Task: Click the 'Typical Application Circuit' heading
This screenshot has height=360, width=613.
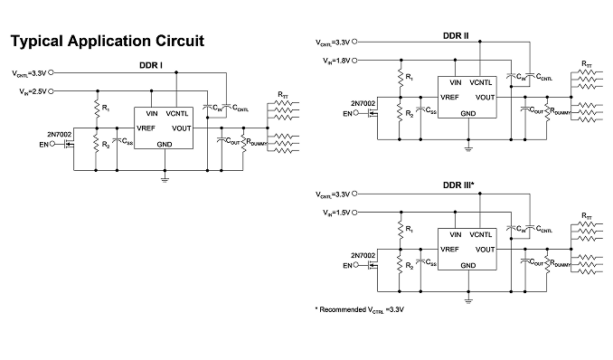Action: (x=107, y=42)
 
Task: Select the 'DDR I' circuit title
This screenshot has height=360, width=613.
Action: (x=151, y=65)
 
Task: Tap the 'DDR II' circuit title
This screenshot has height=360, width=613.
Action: (x=456, y=35)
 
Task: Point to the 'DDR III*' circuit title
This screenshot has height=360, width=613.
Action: (x=458, y=185)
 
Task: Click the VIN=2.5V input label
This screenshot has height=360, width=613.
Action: (x=33, y=91)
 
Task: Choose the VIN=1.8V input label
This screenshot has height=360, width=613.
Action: (x=336, y=61)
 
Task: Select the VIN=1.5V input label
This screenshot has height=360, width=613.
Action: (x=336, y=213)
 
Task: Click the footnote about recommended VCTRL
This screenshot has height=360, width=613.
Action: (x=359, y=310)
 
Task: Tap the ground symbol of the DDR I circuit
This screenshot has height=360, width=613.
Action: (x=165, y=180)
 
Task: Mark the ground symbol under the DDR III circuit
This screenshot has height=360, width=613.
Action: (x=468, y=300)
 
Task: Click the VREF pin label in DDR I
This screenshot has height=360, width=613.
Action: (x=146, y=128)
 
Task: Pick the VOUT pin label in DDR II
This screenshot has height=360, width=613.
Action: (x=486, y=98)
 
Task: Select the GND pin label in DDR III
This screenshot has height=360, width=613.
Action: (x=468, y=266)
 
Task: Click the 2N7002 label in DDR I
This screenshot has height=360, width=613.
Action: (x=60, y=135)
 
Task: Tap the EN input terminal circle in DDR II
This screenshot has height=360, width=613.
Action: (x=355, y=113)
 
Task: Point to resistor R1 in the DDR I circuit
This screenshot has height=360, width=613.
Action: (x=97, y=109)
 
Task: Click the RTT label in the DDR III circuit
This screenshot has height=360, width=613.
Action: (x=587, y=215)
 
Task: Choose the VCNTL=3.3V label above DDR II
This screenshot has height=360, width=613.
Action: (x=333, y=43)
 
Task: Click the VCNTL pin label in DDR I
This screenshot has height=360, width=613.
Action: (x=177, y=114)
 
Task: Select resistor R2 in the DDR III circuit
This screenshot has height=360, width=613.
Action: (x=400, y=264)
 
